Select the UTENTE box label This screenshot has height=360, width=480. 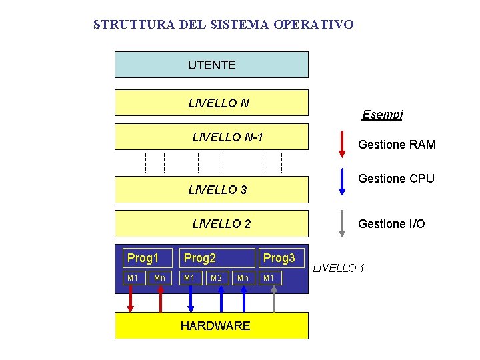pos(211,65)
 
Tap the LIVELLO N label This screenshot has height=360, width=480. pos(219,103)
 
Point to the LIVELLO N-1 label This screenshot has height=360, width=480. pos(227,137)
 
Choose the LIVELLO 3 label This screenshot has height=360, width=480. pos(217,190)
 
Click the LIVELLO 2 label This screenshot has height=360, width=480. pos(221,224)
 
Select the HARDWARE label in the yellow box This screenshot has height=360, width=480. pos(215,325)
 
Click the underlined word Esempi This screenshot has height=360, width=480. pos(382,115)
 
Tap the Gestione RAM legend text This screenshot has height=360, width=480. pos(397,145)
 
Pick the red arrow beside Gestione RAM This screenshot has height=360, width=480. pos(342,143)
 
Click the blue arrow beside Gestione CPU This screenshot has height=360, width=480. pos(342,180)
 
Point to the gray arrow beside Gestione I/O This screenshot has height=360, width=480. pos(342,223)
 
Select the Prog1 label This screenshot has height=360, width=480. pos(143,257)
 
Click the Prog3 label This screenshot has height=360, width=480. pos(279,257)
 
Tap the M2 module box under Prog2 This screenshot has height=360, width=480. pos(216,277)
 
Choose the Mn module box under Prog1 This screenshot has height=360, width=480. pos(159,277)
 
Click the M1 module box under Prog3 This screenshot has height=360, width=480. pos(269,277)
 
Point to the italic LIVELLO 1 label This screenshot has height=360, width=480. pos(339,268)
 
